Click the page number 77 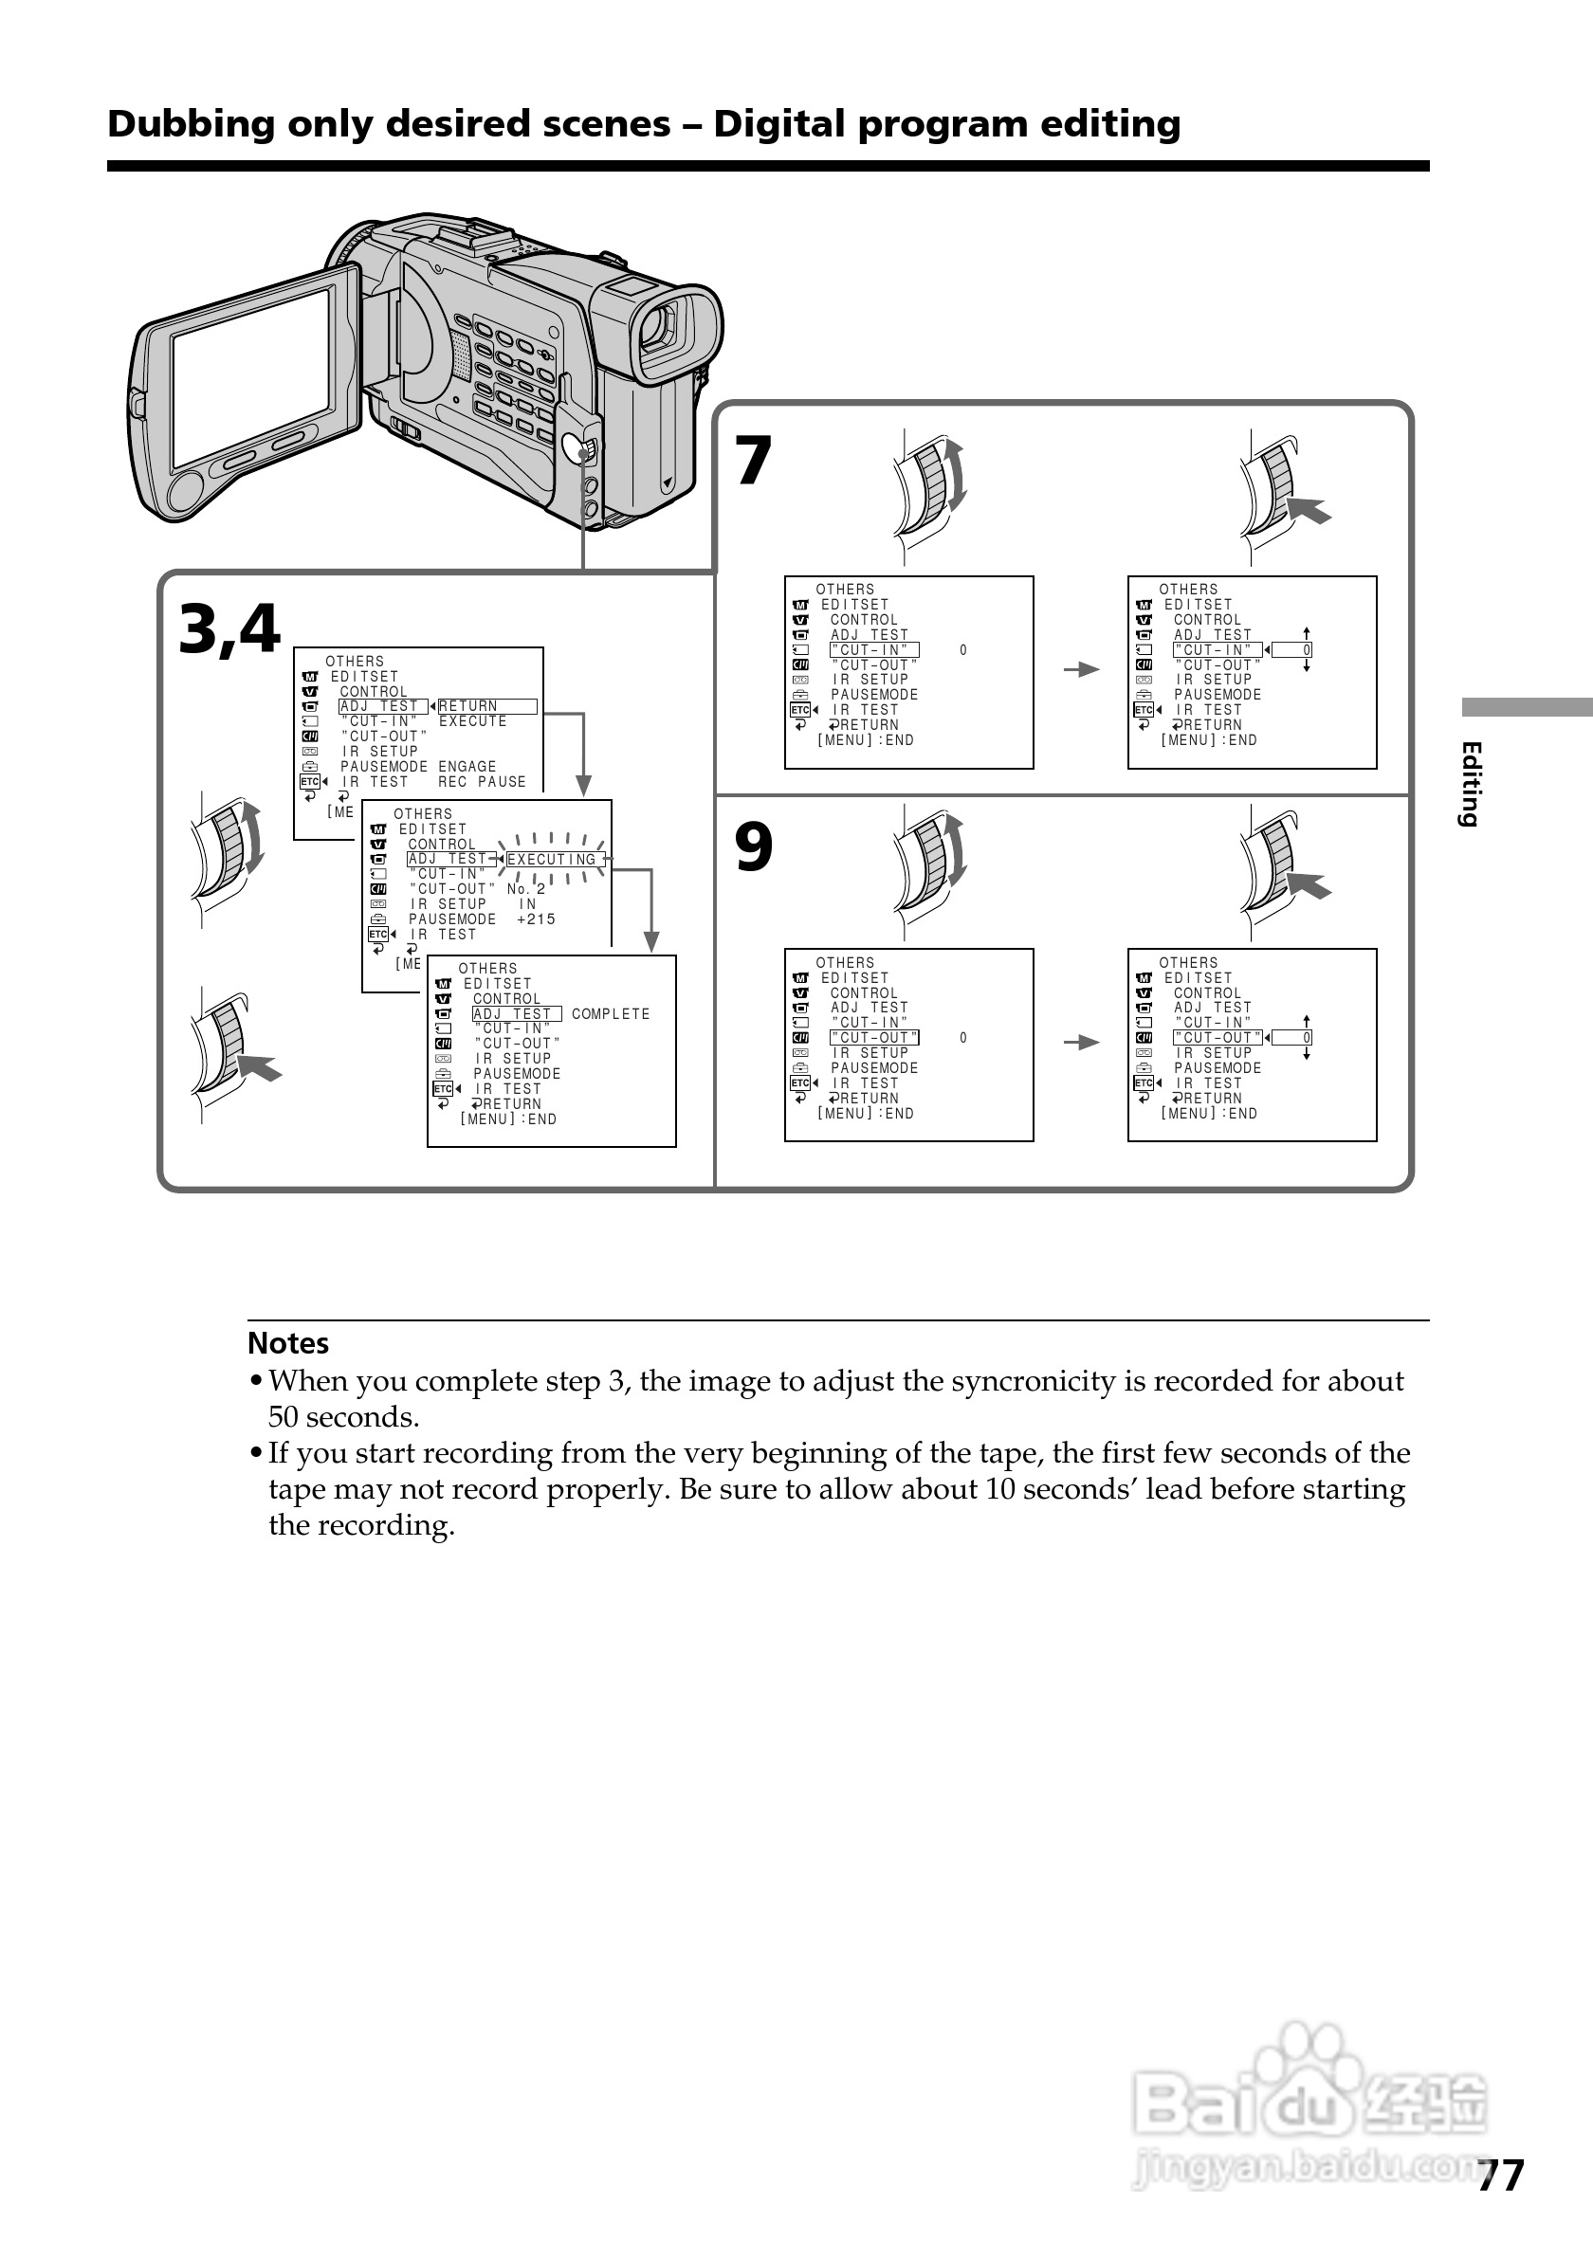pyautogui.click(x=1501, y=2175)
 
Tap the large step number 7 pyautogui.click(x=753, y=461)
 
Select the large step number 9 pyautogui.click(x=753, y=847)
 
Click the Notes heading pyautogui.click(x=288, y=1343)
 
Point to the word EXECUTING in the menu pyautogui.click(x=551, y=860)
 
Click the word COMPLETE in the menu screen pyautogui.click(x=611, y=1014)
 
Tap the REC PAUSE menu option pyautogui.click(x=482, y=782)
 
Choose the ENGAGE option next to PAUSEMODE pyautogui.click(x=467, y=767)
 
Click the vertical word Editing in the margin pyautogui.click(x=1470, y=784)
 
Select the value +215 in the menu pyautogui.click(x=536, y=919)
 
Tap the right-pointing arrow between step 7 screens pyautogui.click(x=1081, y=669)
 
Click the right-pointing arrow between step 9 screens pyautogui.click(x=1081, y=1043)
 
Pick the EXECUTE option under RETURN pyautogui.click(x=473, y=721)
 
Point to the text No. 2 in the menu pyautogui.click(x=525, y=889)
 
